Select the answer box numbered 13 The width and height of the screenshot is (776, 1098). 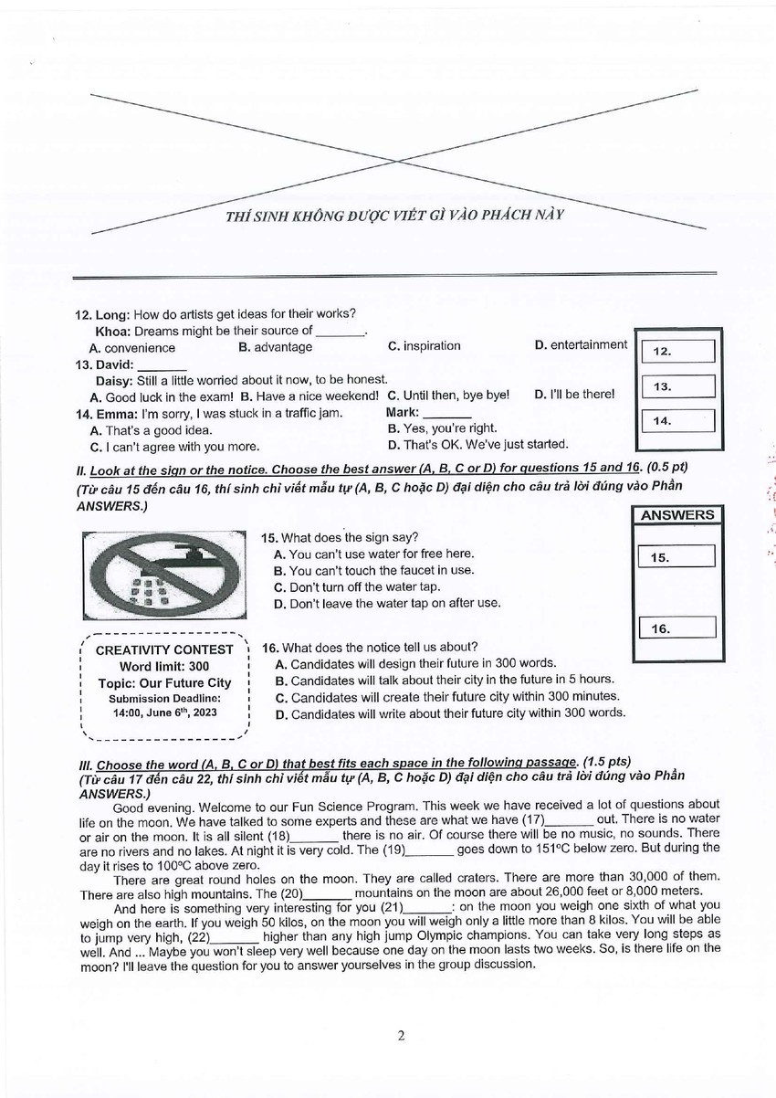point(677,386)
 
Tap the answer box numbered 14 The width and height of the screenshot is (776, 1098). point(677,420)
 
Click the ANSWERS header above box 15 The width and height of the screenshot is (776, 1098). point(677,515)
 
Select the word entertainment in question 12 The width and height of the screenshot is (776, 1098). point(588,345)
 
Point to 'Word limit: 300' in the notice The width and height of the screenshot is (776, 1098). point(164,667)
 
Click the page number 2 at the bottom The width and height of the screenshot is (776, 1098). point(401,1035)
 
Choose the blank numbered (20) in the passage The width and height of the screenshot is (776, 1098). point(327,892)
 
